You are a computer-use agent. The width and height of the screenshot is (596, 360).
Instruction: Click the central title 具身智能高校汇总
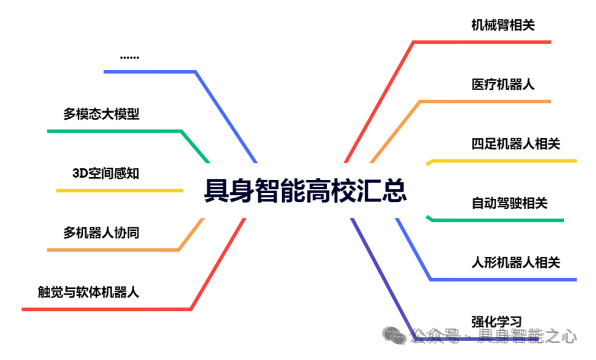pyautogui.click(x=305, y=191)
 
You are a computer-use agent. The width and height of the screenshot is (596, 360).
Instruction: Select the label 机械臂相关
pyautogui.click(x=503, y=25)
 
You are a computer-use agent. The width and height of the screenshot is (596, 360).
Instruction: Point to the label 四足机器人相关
pyautogui.click(x=515, y=144)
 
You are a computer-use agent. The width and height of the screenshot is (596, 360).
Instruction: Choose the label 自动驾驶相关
pyautogui.click(x=509, y=203)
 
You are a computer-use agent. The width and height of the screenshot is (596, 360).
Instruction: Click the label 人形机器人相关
pyautogui.click(x=515, y=262)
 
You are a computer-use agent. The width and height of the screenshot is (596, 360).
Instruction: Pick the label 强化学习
pyautogui.click(x=496, y=321)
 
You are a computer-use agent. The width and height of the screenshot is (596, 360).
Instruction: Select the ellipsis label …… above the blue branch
pyautogui.click(x=129, y=57)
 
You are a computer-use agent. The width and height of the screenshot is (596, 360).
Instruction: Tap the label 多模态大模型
pyautogui.click(x=101, y=114)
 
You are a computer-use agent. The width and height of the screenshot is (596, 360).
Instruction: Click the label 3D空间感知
pyautogui.click(x=105, y=173)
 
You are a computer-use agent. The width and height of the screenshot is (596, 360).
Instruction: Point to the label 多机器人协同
pyautogui.click(x=101, y=232)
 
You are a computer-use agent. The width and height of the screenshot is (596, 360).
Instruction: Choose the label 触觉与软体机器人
pyautogui.click(x=88, y=292)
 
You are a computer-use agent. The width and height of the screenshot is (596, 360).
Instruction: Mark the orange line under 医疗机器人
pyautogui.click(x=486, y=102)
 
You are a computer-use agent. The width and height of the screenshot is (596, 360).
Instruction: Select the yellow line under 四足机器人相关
pyautogui.click(x=502, y=161)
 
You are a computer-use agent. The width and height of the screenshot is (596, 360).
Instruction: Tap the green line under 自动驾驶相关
pyautogui.click(x=497, y=220)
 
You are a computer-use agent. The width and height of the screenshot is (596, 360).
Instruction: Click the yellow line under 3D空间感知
pyautogui.click(x=119, y=190)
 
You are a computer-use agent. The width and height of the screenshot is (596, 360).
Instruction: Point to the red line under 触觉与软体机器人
pyautogui.click(x=105, y=309)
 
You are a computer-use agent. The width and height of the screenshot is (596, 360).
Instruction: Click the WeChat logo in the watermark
pyautogui.click(x=395, y=335)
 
